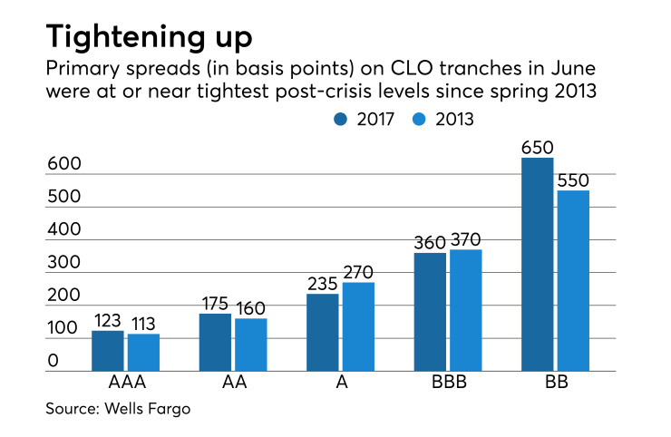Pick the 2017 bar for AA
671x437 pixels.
coord(215,342)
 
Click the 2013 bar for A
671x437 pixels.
coord(358,326)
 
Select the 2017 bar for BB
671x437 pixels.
coord(538,264)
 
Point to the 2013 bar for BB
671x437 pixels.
coord(572,280)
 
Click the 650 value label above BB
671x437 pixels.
coord(538,147)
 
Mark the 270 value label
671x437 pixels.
coord(358,271)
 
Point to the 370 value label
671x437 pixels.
coord(465,239)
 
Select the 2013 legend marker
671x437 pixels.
coord(421,118)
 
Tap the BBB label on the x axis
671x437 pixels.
coord(448,384)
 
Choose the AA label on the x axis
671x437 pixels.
coord(234,384)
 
